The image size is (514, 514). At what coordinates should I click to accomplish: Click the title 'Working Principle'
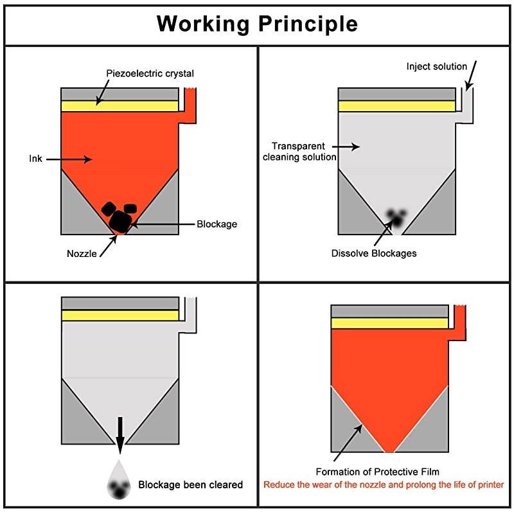pos(257,23)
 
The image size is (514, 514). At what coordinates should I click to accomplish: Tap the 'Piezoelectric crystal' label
pos(150,73)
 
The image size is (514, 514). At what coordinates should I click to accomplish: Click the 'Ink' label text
pos(35,158)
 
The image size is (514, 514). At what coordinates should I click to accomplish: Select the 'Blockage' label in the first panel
pos(217,224)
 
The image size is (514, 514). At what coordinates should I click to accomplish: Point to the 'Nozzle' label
pos(82,253)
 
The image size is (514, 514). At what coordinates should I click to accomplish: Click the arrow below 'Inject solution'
pos(471,76)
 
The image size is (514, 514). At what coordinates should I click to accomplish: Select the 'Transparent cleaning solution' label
pos(299,152)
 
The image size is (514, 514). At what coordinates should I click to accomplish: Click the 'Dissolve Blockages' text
pos(374,253)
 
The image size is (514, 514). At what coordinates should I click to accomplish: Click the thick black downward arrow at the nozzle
pos(120,433)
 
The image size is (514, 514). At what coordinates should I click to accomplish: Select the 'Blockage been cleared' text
pos(191,484)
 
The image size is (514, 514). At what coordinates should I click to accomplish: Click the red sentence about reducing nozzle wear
pos(384,484)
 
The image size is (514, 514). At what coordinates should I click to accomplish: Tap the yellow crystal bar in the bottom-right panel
pos(389,323)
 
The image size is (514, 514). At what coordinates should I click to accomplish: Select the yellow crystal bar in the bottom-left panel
pos(120,315)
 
